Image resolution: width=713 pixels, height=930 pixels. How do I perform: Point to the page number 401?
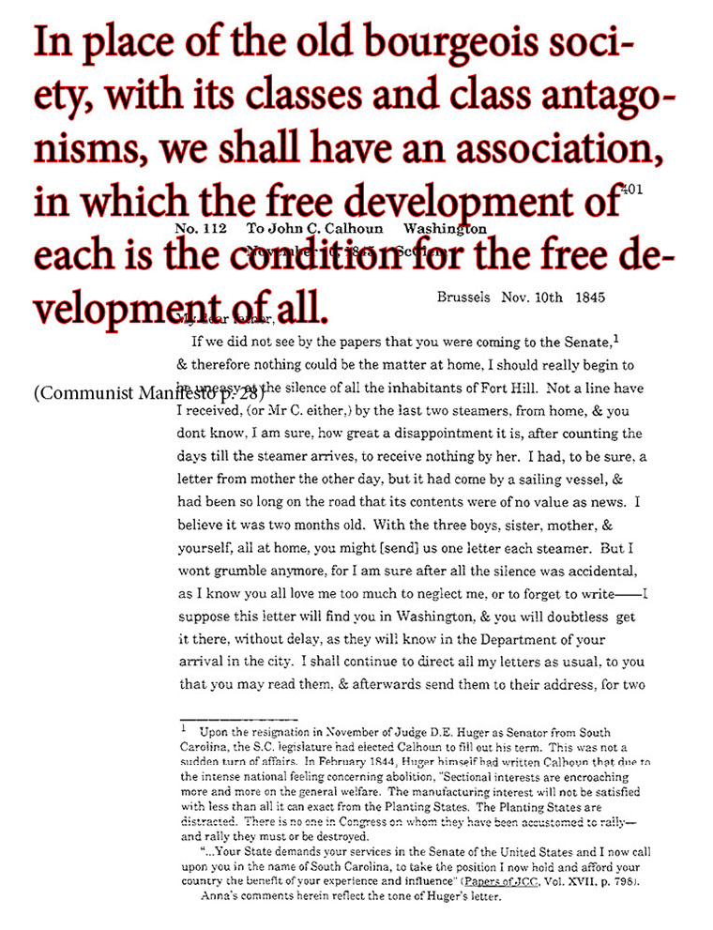coord(630,190)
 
